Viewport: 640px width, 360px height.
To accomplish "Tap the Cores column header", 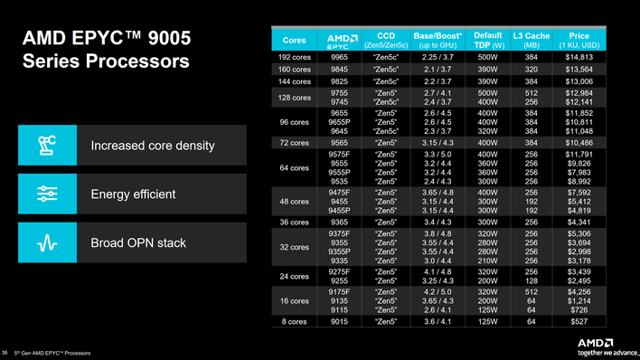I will click(294, 40).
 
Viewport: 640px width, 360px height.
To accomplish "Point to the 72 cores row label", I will click(294, 143).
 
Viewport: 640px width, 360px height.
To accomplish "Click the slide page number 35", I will click(7, 352).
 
